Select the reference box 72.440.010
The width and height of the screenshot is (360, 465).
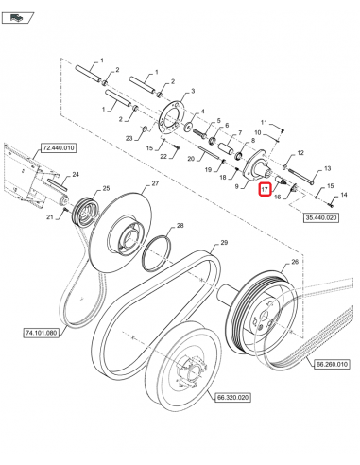(x=58, y=148)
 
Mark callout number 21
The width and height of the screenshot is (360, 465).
(x=50, y=216)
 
